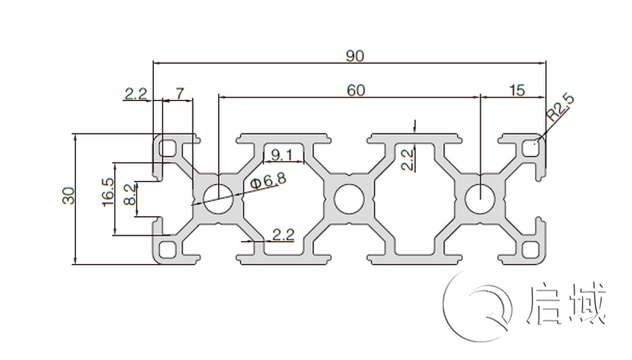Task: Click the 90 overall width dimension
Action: pos(354,56)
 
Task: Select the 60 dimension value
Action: pos(356,90)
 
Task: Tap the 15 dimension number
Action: pos(517,90)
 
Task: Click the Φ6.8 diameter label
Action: pos(268,180)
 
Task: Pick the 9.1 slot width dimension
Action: pos(278,154)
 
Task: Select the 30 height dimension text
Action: pos(69,195)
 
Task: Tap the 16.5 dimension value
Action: pos(108,194)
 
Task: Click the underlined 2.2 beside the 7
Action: pos(135,93)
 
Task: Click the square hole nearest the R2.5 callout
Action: pos(530,148)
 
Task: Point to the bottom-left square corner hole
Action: pos(168,249)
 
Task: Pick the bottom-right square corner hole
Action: pos(530,249)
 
